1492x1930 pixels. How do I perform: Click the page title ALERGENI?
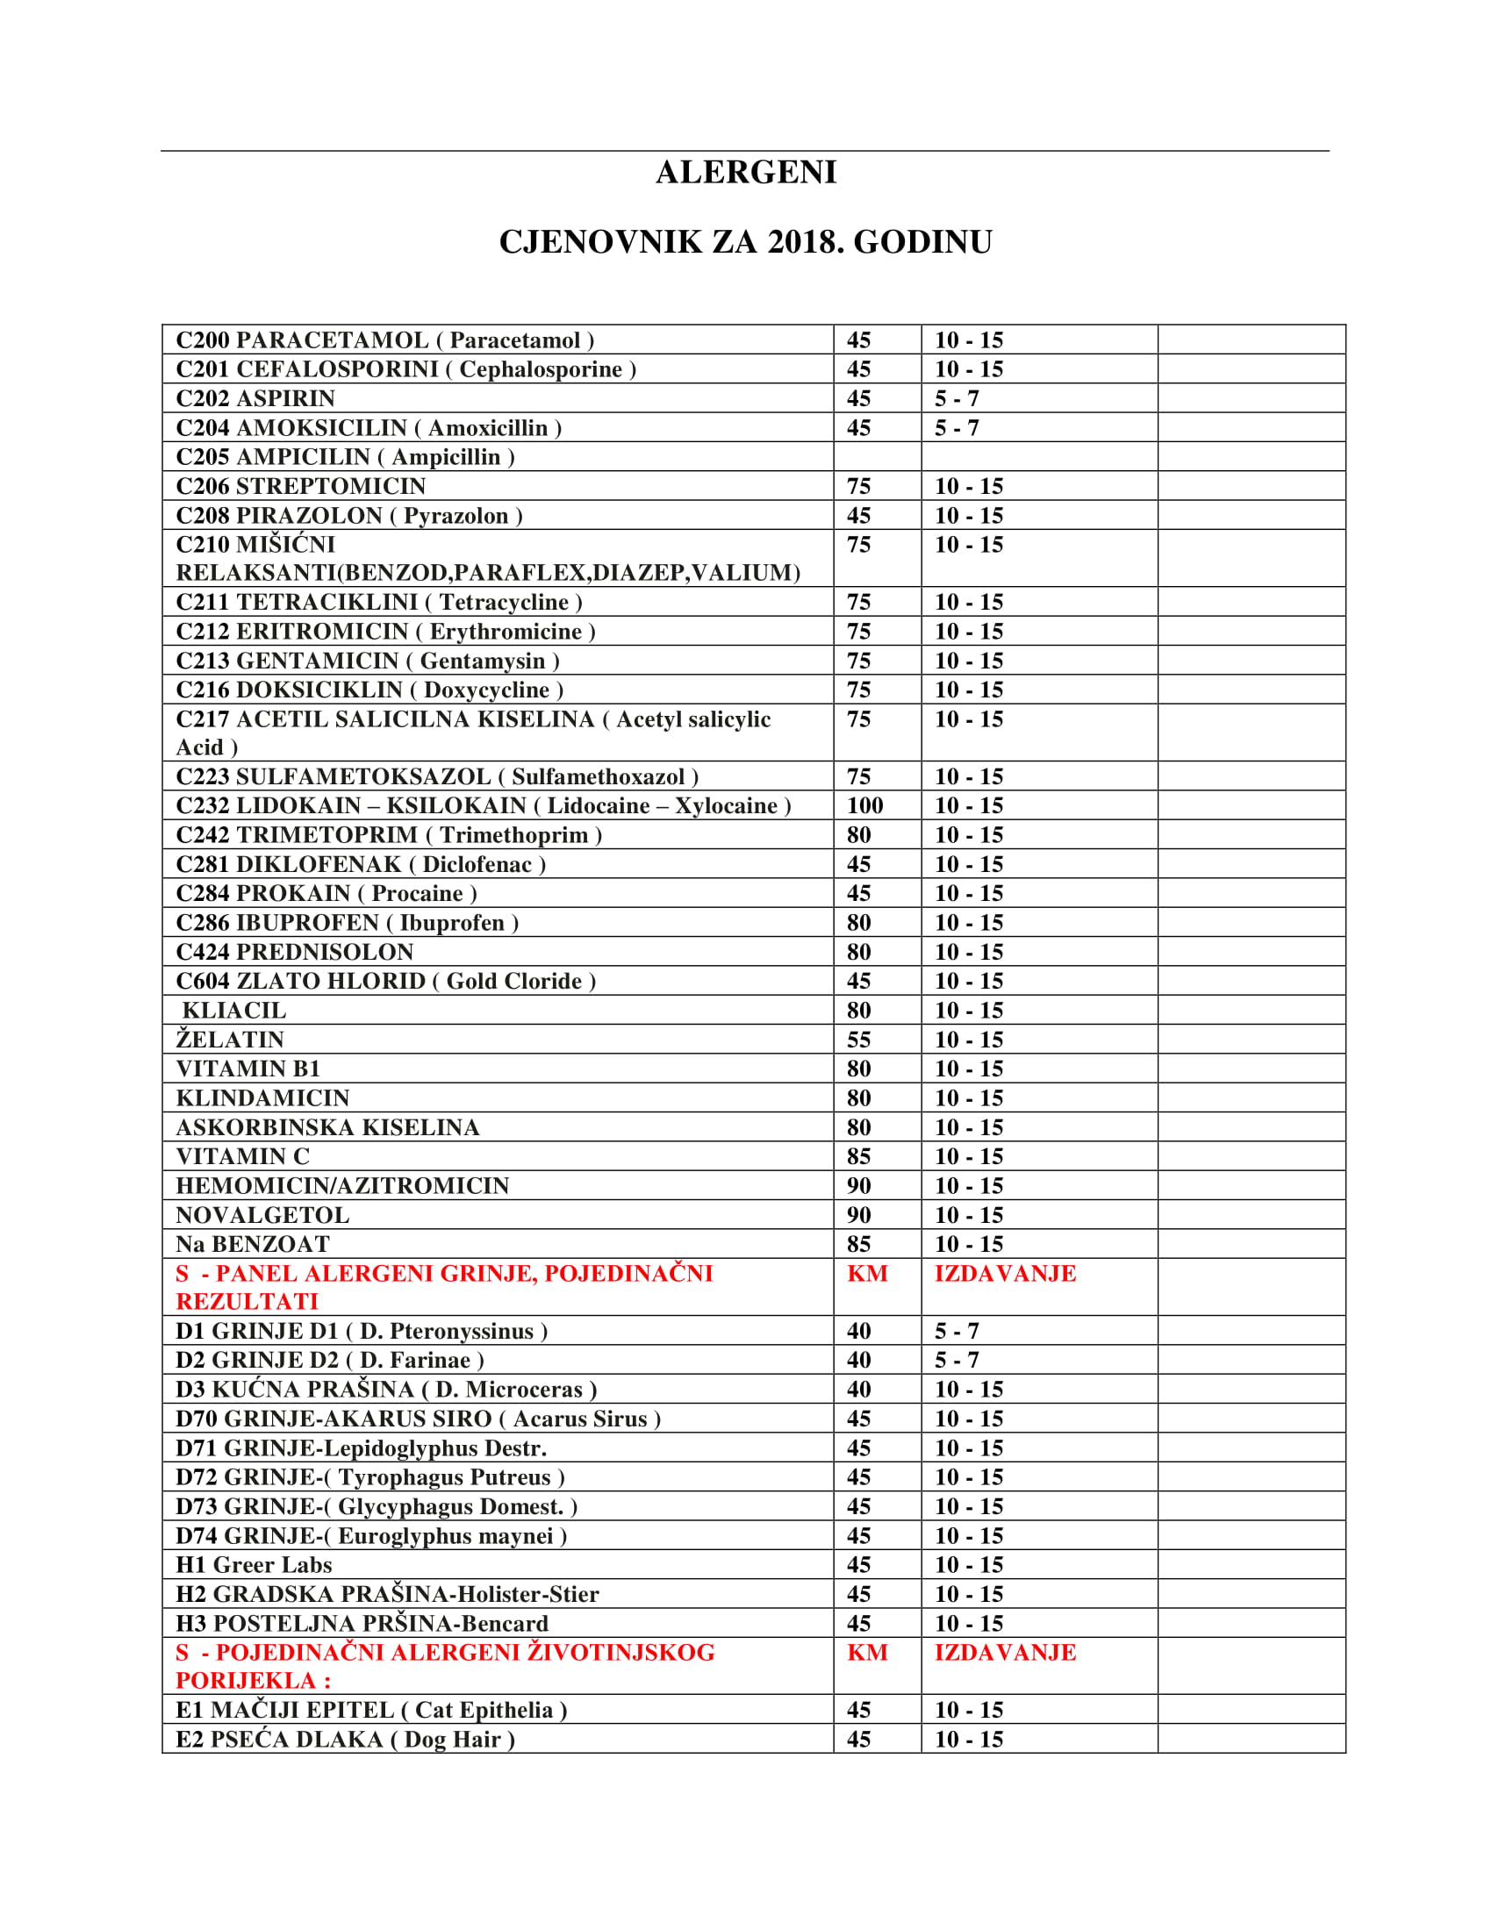(x=746, y=172)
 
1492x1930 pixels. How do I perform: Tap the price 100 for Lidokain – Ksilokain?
(x=864, y=806)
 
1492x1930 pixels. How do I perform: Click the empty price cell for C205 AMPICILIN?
(x=877, y=457)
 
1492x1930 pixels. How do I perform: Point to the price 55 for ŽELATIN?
(x=858, y=1040)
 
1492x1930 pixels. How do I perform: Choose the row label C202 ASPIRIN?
(x=255, y=398)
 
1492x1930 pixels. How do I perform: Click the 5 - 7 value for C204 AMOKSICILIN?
(x=957, y=429)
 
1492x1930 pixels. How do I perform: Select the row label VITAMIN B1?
(x=248, y=1069)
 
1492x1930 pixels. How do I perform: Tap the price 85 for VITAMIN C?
(x=858, y=1157)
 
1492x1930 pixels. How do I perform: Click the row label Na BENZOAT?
(x=253, y=1244)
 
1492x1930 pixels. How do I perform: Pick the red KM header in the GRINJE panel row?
(x=867, y=1274)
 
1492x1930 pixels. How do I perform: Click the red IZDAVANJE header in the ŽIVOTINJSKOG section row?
(x=1005, y=1653)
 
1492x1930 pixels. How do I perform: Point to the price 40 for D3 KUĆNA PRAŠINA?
(x=858, y=1390)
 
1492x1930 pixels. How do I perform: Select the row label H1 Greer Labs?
(x=254, y=1565)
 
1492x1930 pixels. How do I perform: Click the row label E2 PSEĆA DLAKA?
(x=345, y=1740)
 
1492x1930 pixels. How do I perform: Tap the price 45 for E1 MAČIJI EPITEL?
(x=858, y=1711)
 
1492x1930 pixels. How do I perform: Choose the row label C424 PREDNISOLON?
(x=294, y=953)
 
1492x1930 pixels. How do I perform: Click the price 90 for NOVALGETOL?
(x=858, y=1215)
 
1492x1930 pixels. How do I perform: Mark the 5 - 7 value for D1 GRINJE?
(x=957, y=1332)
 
